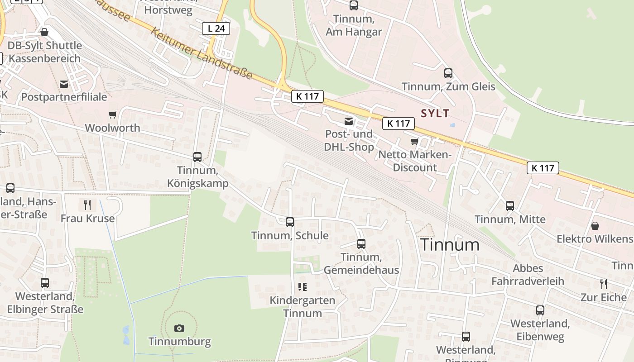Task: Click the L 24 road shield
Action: [x=216, y=29]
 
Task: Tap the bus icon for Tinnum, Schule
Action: [x=290, y=222]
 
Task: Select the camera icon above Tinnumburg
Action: [x=179, y=328]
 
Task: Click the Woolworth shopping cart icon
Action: [x=113, y=115]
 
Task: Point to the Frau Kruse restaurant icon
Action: [x=87, y=205]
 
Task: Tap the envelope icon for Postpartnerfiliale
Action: [x=64, y=84]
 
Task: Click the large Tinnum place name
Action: [x=450, y=245]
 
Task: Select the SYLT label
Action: [x=435, y=113]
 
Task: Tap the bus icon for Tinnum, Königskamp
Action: [x=197, y=157]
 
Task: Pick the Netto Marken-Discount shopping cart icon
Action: [x=414, y=142]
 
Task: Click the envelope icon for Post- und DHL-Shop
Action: [x=349, y=121]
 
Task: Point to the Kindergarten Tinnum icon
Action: [x=303, y=286]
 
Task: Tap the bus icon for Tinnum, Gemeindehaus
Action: [x=361, y=244]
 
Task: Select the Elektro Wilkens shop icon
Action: [x=595, y=225]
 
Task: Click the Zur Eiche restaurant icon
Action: [x=604, y=284]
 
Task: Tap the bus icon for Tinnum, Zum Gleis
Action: [x=448, y=73]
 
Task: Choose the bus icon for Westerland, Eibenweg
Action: [x=540, y=310]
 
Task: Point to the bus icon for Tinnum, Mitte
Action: [x=510, y=206]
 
